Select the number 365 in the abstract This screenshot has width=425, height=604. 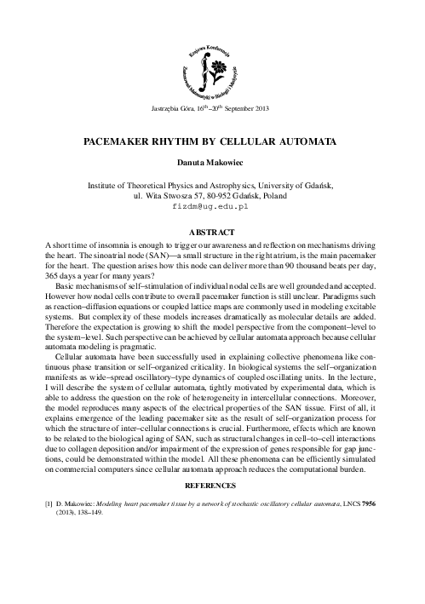[x=54, y=274]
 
